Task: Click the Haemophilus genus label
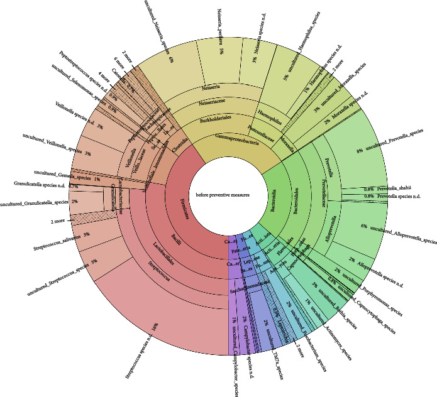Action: point(269,112)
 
